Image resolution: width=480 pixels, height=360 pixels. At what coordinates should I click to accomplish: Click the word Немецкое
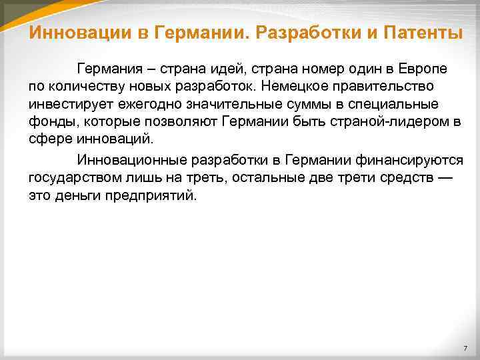[x=291, y=87]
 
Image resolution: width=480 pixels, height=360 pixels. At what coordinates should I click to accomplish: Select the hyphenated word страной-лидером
[x=391, y=123]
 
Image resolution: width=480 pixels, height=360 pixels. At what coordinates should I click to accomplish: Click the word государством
[x=71, y=179]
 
